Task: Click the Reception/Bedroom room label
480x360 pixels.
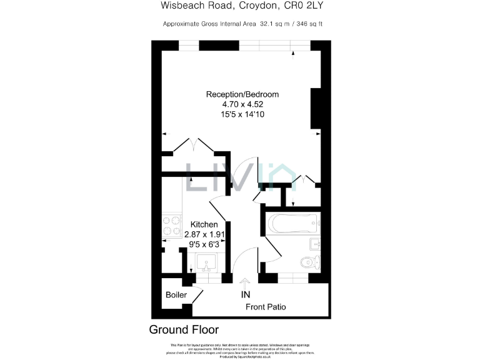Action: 242,94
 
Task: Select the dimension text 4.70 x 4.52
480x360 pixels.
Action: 242,105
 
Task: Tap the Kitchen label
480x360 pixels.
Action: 204,224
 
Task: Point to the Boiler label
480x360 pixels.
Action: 176,296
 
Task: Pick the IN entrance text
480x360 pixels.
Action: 246,294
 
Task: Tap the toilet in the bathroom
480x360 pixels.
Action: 310,261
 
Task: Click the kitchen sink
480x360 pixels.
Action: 204,262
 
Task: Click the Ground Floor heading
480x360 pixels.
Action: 184,329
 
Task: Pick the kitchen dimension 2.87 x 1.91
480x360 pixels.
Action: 204,234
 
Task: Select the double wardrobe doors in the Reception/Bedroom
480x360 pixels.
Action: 194,146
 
